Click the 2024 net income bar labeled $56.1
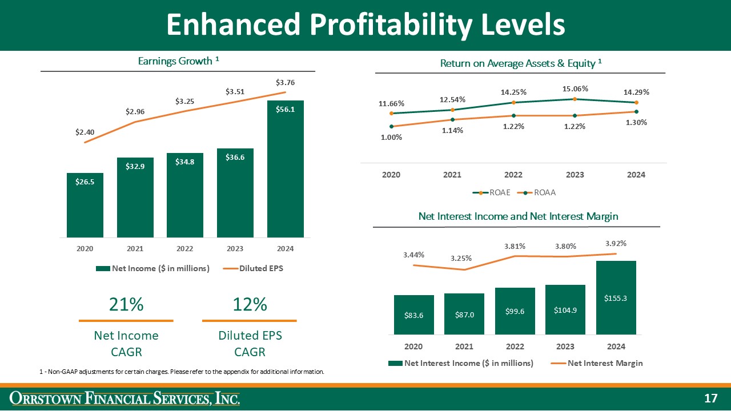click(x=285, y=171)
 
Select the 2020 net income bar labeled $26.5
click(x=85, y=205)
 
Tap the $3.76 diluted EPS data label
click(x=285, y=83)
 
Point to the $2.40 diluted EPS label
click(x=85, y=132)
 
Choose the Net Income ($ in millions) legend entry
click(x=153, y=268)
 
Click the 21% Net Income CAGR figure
click(x=126, y=305)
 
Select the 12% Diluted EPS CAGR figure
click(x=250, y=305)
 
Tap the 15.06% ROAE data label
click(x=575, y=88)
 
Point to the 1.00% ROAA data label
click(x=391, y=137)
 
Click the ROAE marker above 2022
click(x=513, y=103)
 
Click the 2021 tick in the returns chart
click(x=452, y=175)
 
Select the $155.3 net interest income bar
click(x=616, y=298)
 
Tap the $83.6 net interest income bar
click(x=413, y=315)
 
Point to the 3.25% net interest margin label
click(x=460, y=258)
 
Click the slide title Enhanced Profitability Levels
click(x=365, y=25)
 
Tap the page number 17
click(x=710, y=398)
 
